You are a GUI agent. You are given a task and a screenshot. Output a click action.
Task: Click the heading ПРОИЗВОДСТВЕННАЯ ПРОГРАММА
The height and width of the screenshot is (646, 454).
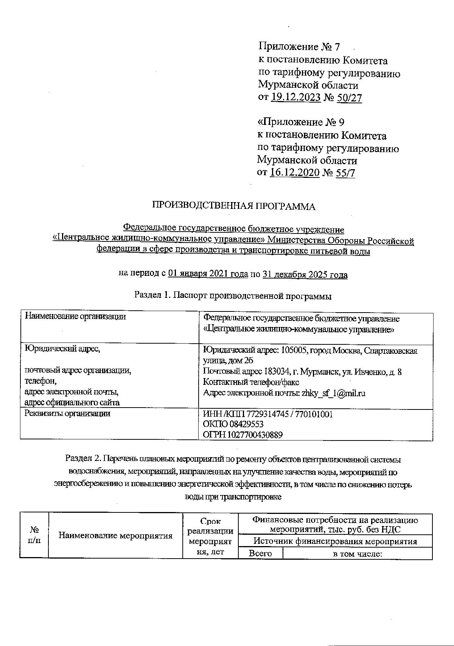[x=233, y=206]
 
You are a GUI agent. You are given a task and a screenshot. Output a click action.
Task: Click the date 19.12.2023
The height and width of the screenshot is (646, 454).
[x=296, y=98]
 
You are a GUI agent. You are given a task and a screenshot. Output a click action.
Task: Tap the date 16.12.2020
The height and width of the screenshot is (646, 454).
[x=295, y=173]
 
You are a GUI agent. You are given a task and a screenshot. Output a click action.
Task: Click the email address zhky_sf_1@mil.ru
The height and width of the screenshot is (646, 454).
[x=333, y=393]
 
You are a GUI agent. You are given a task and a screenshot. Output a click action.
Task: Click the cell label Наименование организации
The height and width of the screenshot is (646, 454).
[x=75, y=317]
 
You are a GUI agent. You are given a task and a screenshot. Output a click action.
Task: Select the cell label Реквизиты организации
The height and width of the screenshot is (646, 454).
[x=67, y=414]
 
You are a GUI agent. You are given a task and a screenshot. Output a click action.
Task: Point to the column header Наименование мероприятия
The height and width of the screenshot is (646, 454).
[x=115, y=535]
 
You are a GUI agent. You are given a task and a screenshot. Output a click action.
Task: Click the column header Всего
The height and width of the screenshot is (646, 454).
[x=260, y=553]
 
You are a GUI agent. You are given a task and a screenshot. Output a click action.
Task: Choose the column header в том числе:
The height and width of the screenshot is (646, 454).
[x=358, y=553]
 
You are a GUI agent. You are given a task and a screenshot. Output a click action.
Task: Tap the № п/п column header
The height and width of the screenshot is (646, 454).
[x=34, y=535]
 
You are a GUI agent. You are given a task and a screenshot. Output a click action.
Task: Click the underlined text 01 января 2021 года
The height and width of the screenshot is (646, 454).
[x=208, y=274]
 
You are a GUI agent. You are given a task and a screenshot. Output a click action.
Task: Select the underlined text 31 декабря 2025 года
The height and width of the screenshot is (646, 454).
[x=305, y=274]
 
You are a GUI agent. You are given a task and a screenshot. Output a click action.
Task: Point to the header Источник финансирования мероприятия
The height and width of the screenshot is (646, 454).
[x=335, y=541]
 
